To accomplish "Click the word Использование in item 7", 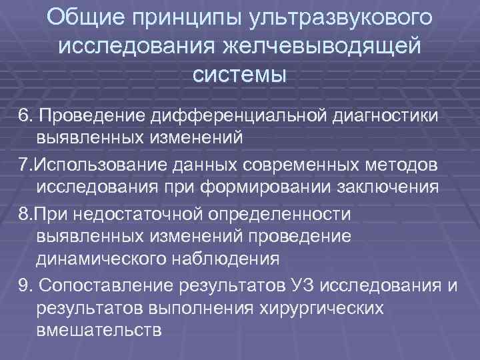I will (x=94, y=163).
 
